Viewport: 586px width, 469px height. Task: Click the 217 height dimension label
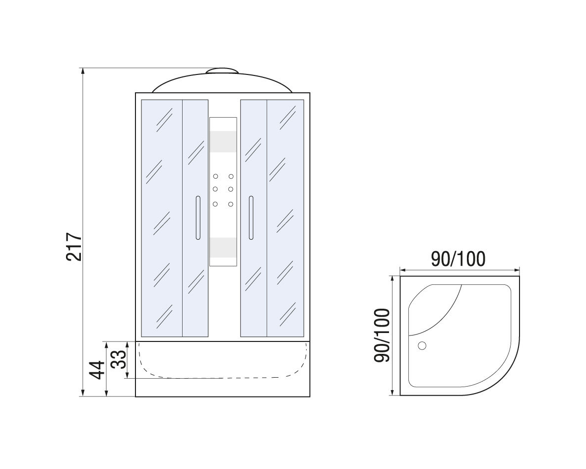(x=73, y=247)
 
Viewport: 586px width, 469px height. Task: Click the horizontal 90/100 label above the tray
(x=458, y=259)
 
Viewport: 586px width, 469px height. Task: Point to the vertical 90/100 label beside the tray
(x=382, y=335)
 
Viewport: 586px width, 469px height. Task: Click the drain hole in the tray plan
(x=422, y=346)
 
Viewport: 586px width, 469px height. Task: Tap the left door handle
(x=197, y=217)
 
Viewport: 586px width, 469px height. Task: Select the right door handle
(x=251, y=217)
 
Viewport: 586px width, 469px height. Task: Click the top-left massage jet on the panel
(x=216, y=176)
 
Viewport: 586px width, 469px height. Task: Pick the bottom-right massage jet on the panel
(x=231, y=204)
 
